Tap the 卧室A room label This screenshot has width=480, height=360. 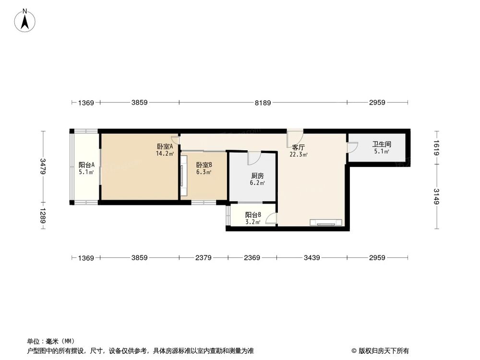[165, 147]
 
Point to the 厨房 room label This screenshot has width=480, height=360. [257, 176]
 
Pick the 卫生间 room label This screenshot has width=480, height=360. [382, 144]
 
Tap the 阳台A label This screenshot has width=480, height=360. [86, 165]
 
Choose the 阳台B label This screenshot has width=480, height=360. [253, 215]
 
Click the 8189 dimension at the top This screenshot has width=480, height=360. [263, 102]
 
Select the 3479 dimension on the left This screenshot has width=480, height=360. [43, 166]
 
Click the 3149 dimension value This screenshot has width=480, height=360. [437, 196]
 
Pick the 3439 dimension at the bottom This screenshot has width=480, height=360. [312, 258]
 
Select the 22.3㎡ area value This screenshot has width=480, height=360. [299, 155]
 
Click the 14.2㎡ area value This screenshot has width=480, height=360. [164, 154]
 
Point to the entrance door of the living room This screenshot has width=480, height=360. [295, 139]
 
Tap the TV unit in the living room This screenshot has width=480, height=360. [326, 222]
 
